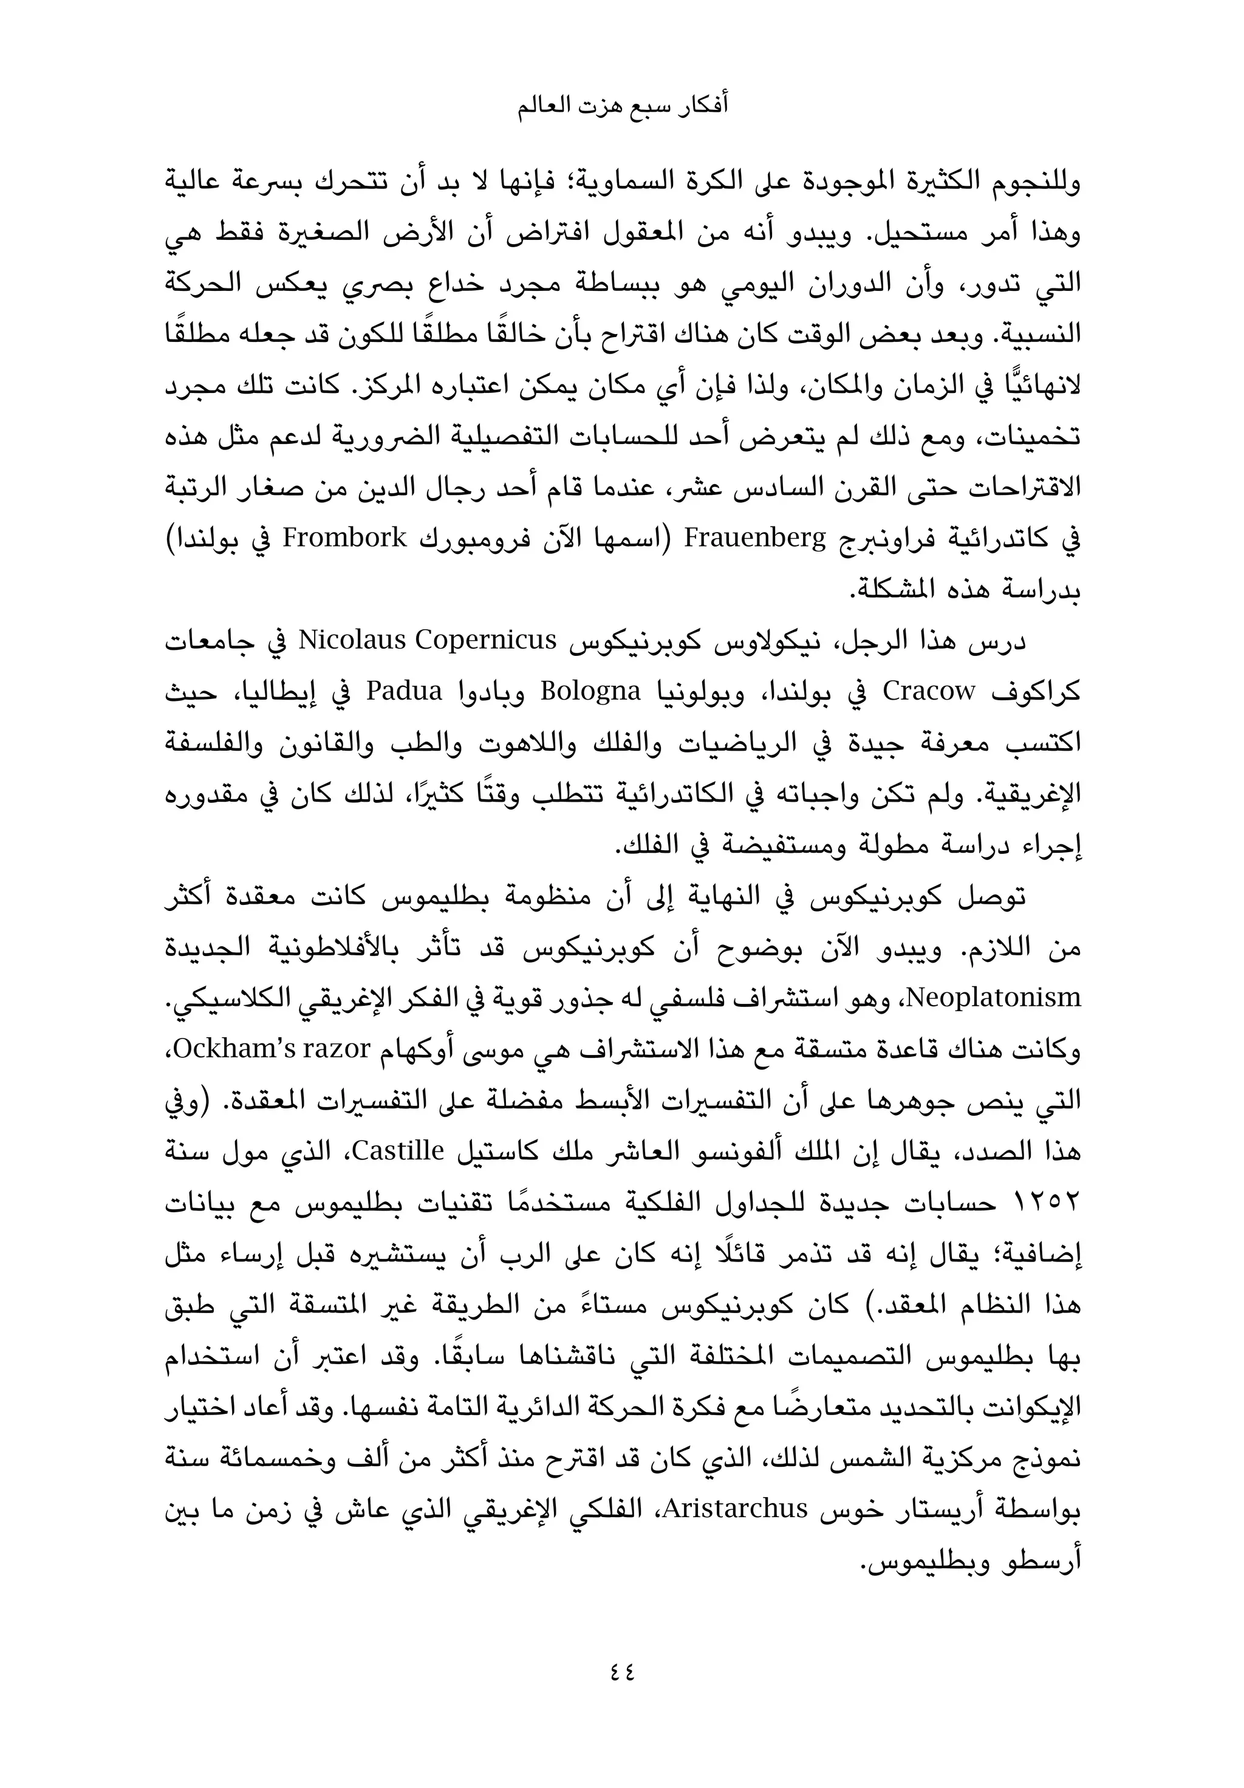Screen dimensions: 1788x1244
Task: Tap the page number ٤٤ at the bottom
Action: click(x=621, y=1670)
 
